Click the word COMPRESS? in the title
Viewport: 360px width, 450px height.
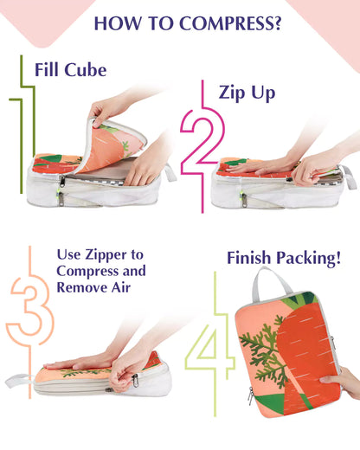[x=230, y=23]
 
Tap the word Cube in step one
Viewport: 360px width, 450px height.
[x=86, y=70]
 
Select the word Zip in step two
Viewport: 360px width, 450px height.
[x=231, y=93]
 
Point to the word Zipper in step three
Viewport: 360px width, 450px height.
[x=106, y=255]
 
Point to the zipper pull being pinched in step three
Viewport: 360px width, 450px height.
[x=134, y=381]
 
